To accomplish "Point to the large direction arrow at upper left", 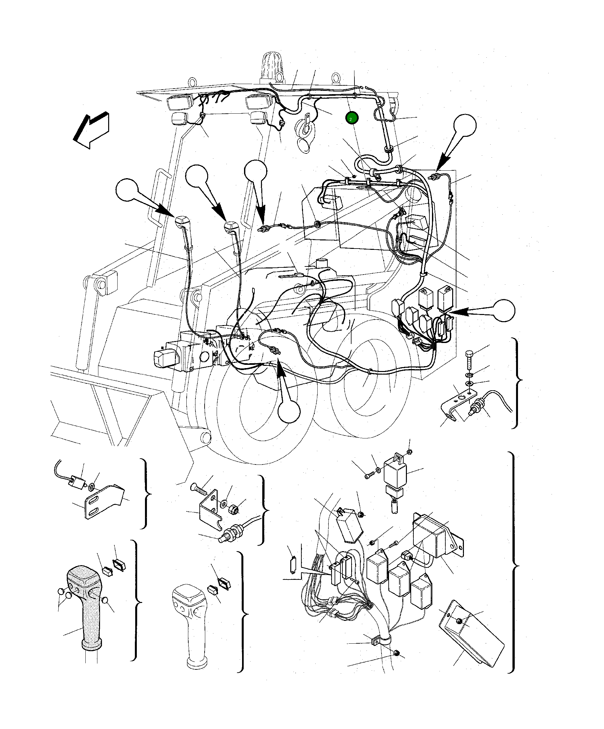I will (x=91, y=130).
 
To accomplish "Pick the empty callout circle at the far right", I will (x=504, y=310).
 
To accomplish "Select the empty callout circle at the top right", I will (x=465, y=125).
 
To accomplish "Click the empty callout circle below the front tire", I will (x=289, y=411).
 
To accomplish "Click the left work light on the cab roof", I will (x=180, y=103).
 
